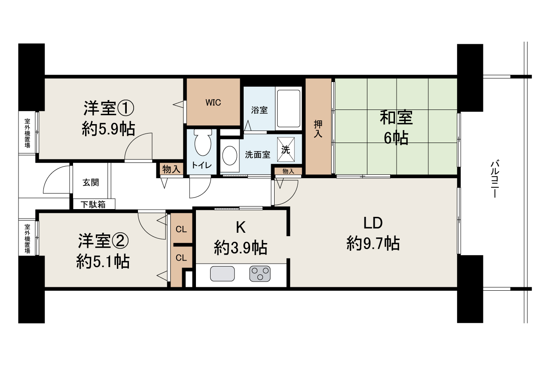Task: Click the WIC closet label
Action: (x=213, y=103)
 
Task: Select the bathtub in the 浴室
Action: (x=288, y=108)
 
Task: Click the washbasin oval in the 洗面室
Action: (x=229, y=155)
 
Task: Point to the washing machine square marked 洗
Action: (x=286, y=149)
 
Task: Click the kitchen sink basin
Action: (x=222, y=274)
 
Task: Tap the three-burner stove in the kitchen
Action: (x=260, y=274)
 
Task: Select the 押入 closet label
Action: (x=318, y=129)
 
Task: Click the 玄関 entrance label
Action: (x=91, y=182)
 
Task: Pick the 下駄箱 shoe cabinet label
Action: (x=93, y=204)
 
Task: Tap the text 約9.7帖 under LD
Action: (x=373, y=243)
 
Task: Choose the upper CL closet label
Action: (x=181, y=229)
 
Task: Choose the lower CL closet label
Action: (x=181, y=258)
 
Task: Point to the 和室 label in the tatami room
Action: (x=396, y=118)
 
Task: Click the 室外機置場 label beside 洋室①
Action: (x=27, y=133)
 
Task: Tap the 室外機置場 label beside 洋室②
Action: (x=27, y=239)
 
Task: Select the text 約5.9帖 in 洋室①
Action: (x=108, y=129)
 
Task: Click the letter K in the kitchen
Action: (x=241, y=227)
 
